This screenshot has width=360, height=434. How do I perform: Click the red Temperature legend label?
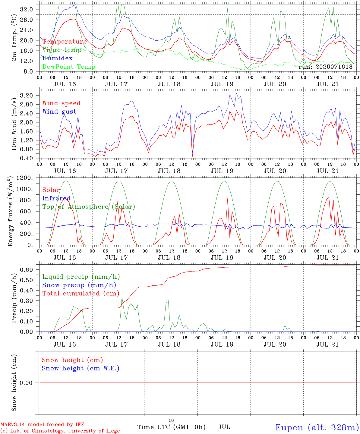click(x=65, y=42)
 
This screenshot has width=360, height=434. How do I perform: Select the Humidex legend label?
click(x=57, y=58)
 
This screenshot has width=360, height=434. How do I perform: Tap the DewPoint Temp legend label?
click(x=69, y=67)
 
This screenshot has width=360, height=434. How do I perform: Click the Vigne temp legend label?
click(x=62, y=50)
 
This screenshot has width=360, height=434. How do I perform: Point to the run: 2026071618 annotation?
click(x=325, y=67)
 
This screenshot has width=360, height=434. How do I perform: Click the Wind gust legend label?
click(x=59, y=112)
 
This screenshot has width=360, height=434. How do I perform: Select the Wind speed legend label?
click(x=61, y=103)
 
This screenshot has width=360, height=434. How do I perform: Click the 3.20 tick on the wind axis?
click(x=27, y=96)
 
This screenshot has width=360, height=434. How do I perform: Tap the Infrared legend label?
click(x=56, y=198)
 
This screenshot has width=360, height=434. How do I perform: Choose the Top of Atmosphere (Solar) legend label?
click(x=89, y=207)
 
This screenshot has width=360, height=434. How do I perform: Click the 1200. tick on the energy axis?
click(x=25, y=178)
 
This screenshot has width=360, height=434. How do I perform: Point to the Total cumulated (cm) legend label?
click(x=81, y=294)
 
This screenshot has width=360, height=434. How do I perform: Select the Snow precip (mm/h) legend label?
click(x=79, y=285)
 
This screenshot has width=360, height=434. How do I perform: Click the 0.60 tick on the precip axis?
click(x=27, y=270)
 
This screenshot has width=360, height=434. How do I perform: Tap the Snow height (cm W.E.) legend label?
click(x=81, y=368)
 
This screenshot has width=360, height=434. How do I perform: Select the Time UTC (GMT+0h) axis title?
click(x=171, y=427)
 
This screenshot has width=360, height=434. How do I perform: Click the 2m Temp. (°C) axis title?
click(x=14, y=38)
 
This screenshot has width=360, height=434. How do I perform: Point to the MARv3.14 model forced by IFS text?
click(x=42, y=424)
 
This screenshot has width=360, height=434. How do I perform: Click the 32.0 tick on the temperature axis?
click(x=27, y=10)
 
